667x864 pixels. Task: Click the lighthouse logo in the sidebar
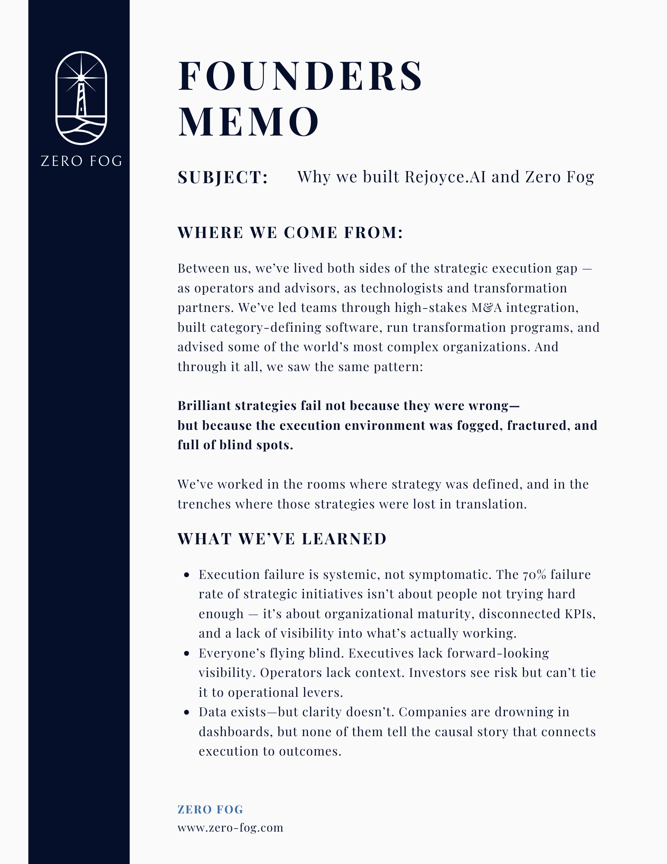[x=81, y=98]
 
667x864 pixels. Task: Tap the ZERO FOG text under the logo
[x=81, y=161]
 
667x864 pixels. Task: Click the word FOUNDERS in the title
[x=300, y=76]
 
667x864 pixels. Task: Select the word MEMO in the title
[x=249, y=122]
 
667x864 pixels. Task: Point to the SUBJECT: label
[x=223, y=177]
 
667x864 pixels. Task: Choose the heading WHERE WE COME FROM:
[x=291, y=232]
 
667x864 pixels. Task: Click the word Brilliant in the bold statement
[x=207, y=406]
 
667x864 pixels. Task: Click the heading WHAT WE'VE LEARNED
[x=282, y=539]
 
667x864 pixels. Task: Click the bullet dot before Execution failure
[x=187, y=575]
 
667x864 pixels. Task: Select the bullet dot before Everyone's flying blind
[x=187, y=654]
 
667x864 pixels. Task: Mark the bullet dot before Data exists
[x=187, y=712]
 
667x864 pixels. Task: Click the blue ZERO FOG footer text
[x=210, y=810]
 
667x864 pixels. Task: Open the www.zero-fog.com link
[x=230, y=828]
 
